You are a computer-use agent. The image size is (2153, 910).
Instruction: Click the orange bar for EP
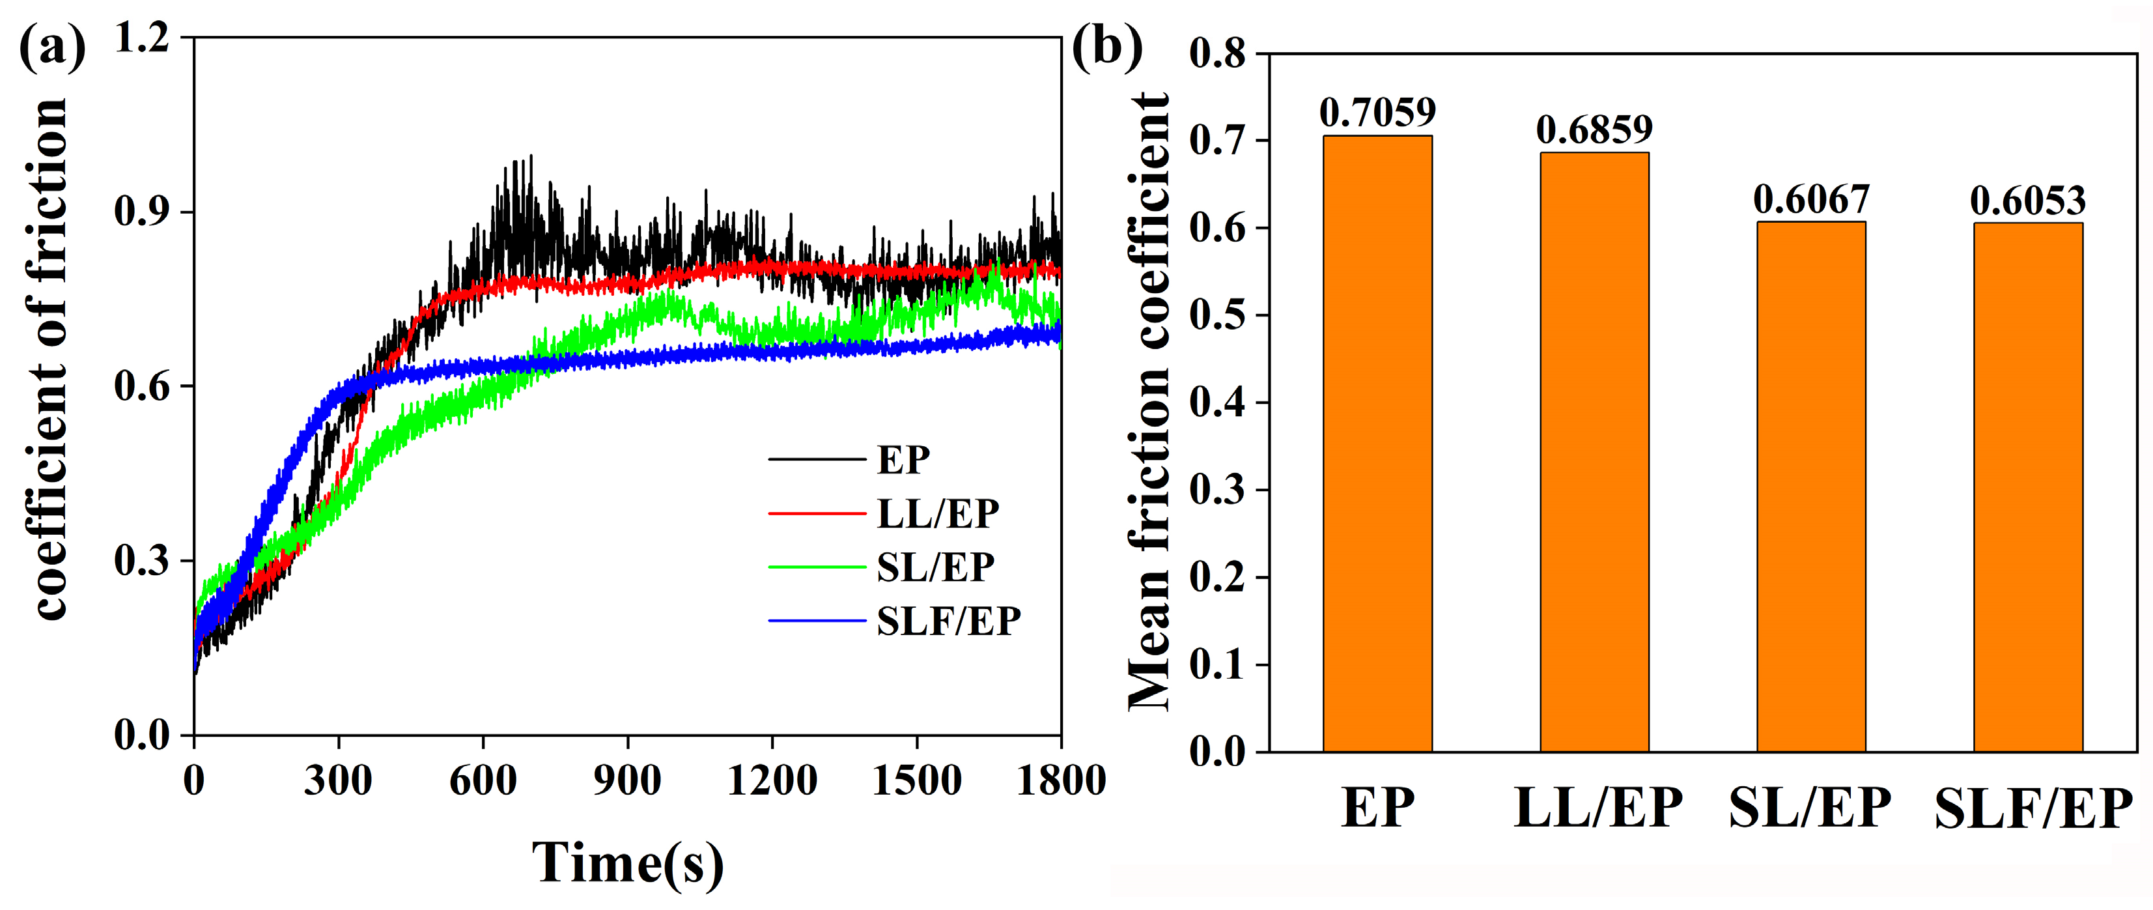[x=1377, y=443]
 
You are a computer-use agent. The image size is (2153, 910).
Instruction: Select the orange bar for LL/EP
[x=1594, y=451]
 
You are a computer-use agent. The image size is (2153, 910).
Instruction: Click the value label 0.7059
[x=1377, y=112]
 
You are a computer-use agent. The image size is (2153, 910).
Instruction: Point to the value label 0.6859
[x=1594, y=130]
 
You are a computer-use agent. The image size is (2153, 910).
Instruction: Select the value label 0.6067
[x=1810, y=199]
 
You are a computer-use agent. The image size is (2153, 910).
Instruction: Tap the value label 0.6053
[x=2027, y=201]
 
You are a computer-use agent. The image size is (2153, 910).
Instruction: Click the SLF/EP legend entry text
[x=948, y=621]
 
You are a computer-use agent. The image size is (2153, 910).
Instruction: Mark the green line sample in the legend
[x=817, y=567]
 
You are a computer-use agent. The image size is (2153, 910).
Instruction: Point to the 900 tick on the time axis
[x=627, y=780]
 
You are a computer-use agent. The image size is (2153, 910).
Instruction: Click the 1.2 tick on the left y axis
[x=141, y=38]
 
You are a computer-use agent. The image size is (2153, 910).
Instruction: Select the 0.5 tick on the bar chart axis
[x=1217, y=315]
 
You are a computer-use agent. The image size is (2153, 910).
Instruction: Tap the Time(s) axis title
[x=627, y=862]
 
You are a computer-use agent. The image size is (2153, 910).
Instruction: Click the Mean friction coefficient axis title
[x=1149, y=401]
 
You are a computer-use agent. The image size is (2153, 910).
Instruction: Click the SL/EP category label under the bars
[x=1810, y=808]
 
